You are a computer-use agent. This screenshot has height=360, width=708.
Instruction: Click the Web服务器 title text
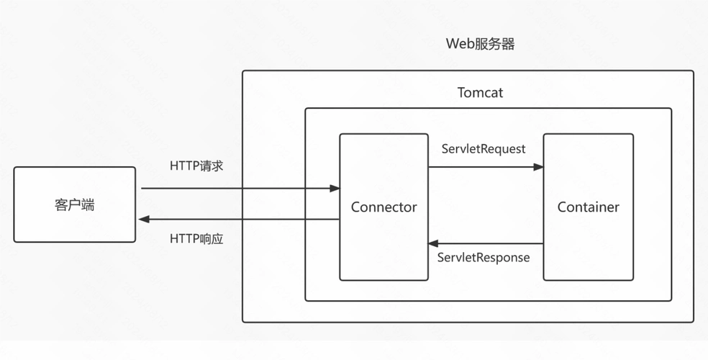[480, 44]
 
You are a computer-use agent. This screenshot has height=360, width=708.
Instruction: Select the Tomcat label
[480, 93]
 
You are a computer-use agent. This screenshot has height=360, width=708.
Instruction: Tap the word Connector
[383, 207]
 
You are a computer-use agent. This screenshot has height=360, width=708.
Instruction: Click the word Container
[588, 207]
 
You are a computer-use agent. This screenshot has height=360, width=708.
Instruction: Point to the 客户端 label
[74, 205]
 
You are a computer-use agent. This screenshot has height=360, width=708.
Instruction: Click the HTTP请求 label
[196, 166]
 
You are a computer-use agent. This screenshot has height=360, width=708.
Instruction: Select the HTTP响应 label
[196, 238]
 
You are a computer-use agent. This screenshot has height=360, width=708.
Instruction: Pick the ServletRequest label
[484, 149]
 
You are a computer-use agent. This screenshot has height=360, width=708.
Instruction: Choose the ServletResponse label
[484, 257]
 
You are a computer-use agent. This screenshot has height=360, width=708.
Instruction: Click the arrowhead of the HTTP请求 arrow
[335, 189]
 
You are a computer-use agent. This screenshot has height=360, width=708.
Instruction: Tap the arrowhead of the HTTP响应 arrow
[144, 219]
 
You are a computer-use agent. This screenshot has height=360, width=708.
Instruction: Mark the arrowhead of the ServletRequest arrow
[538, 167]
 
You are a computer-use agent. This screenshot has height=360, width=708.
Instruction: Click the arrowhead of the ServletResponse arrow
[433, 244]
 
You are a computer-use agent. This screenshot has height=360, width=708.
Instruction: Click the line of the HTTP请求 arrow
[237, 189]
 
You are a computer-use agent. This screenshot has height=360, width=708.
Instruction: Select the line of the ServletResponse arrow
[489, 244]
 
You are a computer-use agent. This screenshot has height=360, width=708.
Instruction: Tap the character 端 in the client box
[88, 205]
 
